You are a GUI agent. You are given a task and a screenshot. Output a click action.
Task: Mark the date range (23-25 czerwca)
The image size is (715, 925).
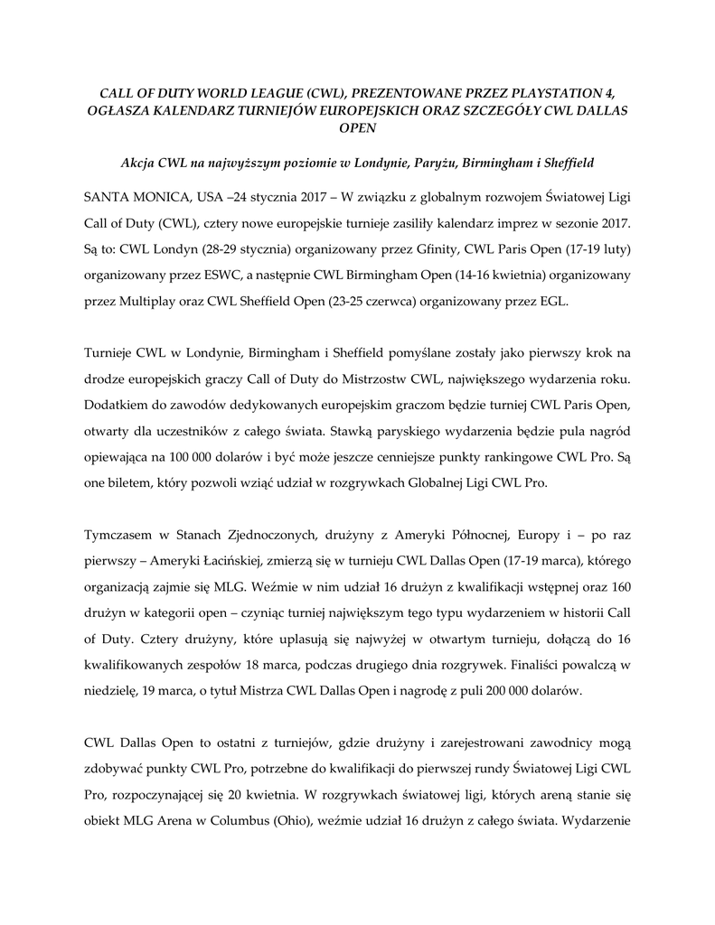coord(356,300)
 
